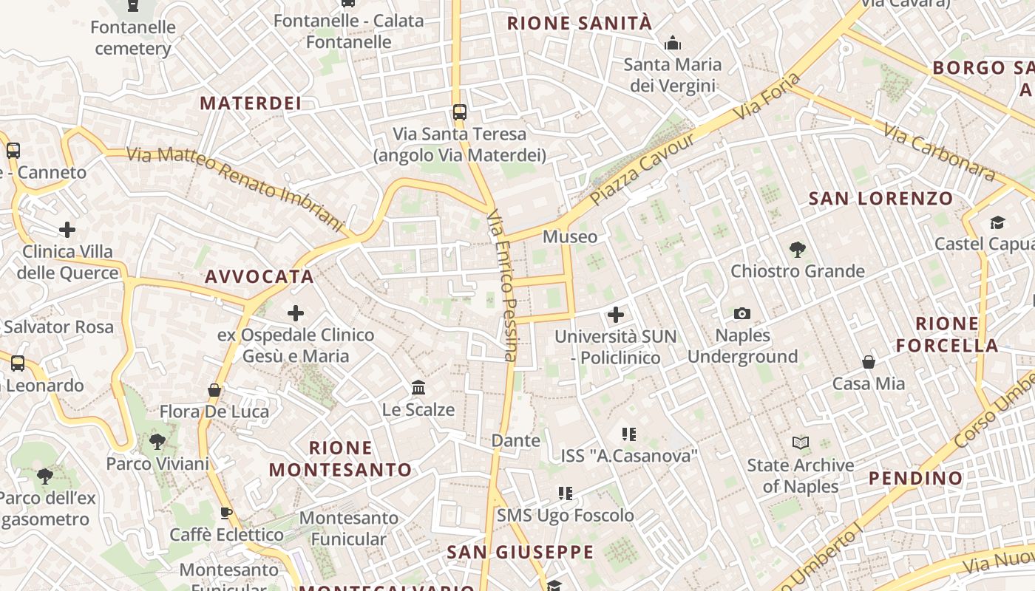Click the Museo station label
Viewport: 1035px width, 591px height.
[x=569, y=236]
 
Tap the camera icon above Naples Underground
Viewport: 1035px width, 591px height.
[x=742, y=314]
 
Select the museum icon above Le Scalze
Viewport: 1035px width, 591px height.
[x=418, y=387]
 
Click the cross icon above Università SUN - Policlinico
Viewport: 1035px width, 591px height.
[x=615, y=315]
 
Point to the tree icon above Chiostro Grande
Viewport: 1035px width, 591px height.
[x=797, y=249]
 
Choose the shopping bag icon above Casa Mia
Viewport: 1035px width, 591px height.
[x=869, y=362]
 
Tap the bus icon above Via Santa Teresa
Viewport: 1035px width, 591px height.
[x=460, y=112]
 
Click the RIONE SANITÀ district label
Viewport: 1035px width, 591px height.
[x=580, y=24]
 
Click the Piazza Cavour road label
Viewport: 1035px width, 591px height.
[x=642, y=169]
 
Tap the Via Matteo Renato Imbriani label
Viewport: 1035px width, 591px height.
[x=236, y=188]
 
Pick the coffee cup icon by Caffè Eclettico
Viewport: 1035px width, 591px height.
[x=226, y=513]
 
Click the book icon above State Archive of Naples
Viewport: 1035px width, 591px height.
[x=800, y=443]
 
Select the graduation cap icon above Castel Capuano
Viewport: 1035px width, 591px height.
[x=997, y=222]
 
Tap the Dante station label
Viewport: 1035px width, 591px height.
[x=516, y=441]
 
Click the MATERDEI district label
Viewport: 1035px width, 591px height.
[x=251, y=103]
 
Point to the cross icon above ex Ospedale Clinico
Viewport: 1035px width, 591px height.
[x=296, y=313]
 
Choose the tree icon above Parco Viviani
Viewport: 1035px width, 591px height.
[x=157, y=442]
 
